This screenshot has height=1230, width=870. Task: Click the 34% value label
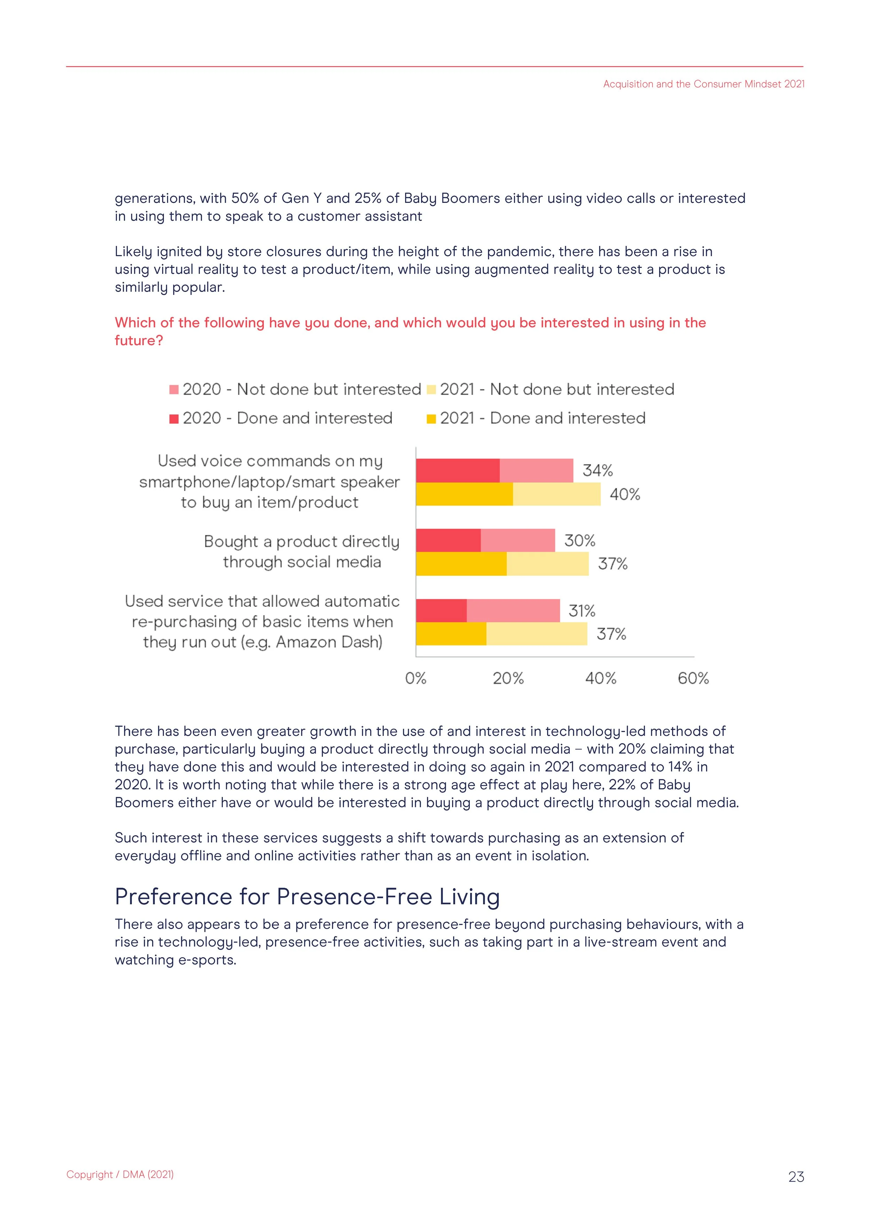tap(597, 470)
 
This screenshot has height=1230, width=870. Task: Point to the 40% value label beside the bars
tap(625, 494)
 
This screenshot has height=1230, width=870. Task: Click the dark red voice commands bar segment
tap(458, 470)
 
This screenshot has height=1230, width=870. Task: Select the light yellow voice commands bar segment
tap(556, 494)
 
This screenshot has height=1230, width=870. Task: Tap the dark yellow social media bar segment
tap(461, 564)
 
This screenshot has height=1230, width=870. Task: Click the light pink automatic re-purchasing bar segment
tap(513, 611)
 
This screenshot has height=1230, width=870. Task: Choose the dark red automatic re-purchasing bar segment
tap(441, 611)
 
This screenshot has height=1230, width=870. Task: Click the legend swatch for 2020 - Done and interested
tap(174, 419)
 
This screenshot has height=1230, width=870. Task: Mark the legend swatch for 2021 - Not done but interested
tap(431, 390)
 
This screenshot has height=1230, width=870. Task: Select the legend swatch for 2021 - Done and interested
tap(431, 419)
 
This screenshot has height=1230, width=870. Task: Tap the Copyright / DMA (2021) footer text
tap(120, 1174)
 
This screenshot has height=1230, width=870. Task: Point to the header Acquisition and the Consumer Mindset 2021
tap(703, 84)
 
